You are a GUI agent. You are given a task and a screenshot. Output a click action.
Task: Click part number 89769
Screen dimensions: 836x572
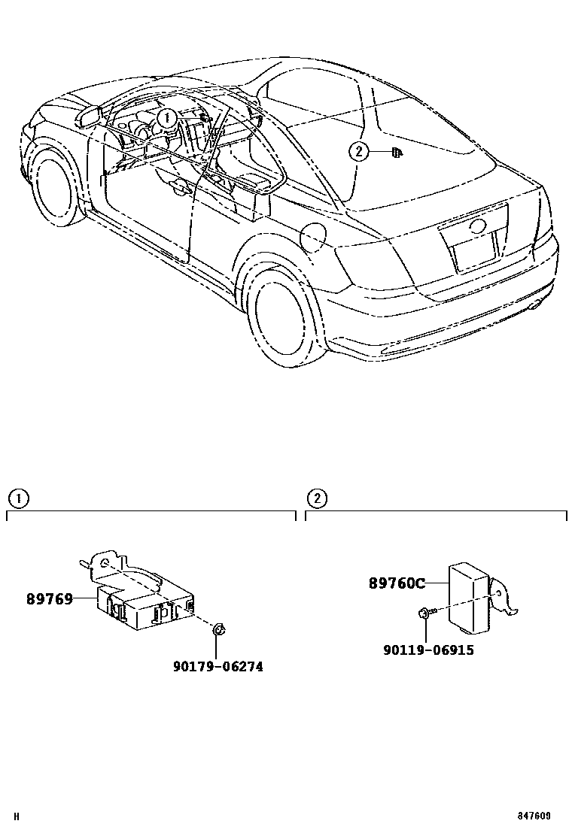50,599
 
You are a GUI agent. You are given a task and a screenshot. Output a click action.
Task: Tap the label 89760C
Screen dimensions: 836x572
397,583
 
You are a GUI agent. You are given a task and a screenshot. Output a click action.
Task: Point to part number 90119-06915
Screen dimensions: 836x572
428,650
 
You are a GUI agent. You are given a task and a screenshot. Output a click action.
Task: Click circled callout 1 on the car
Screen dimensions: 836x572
167,117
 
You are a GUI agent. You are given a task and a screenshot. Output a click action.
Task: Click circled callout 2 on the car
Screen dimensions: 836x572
359,152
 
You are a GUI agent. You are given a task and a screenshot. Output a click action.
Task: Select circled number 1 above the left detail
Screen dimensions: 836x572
17,498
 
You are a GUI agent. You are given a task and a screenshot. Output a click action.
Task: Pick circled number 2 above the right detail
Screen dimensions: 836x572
317,498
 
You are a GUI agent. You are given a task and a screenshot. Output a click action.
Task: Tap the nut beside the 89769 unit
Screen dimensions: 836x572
218,630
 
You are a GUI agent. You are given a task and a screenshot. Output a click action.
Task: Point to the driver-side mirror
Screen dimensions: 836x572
89,116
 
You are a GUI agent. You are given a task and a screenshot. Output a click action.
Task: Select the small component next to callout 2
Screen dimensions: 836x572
395,153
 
